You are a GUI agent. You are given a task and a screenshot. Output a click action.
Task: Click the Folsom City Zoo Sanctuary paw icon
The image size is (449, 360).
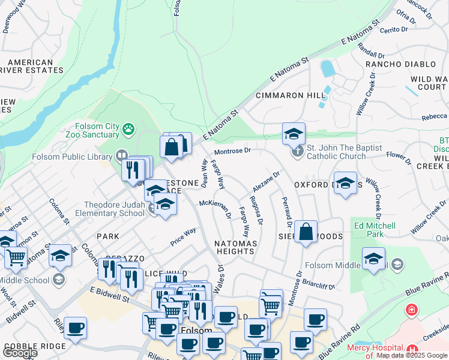pos(128,128)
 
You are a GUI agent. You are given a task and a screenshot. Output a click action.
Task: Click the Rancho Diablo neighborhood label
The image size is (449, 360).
pos(400,64)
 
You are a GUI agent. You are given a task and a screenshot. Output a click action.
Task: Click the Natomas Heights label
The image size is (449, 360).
pos(235,248)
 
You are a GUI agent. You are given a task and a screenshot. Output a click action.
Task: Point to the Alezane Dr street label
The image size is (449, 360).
pos(266,182)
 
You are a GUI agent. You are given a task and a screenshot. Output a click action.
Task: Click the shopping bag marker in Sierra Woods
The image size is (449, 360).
pos(306,232)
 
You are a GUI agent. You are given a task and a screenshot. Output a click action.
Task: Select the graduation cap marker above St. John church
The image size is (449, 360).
pos(294,134)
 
